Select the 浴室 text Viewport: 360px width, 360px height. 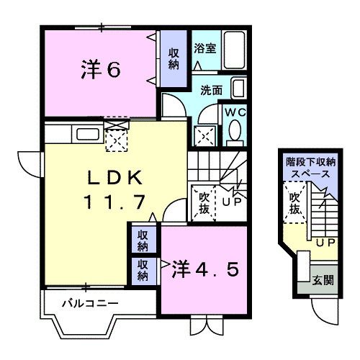204,49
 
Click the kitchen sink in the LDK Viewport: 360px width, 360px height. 86,133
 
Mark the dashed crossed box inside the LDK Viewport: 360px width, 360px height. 117,137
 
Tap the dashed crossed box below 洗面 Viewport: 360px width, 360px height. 205,134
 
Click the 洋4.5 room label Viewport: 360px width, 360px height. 204,270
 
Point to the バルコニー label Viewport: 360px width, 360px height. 89,303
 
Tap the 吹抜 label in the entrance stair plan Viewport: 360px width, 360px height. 294,204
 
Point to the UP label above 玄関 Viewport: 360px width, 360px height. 325,243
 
